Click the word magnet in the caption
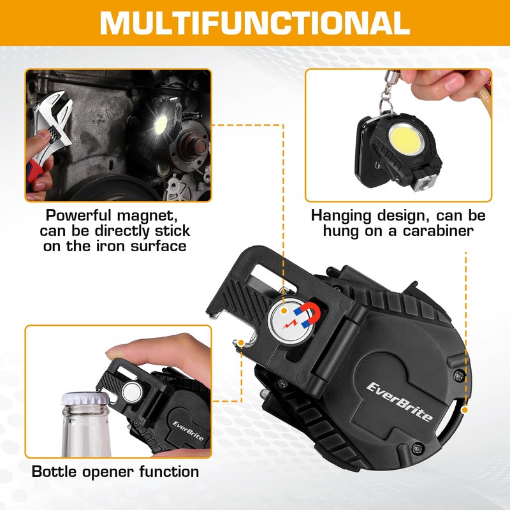click(x=156, y=215)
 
